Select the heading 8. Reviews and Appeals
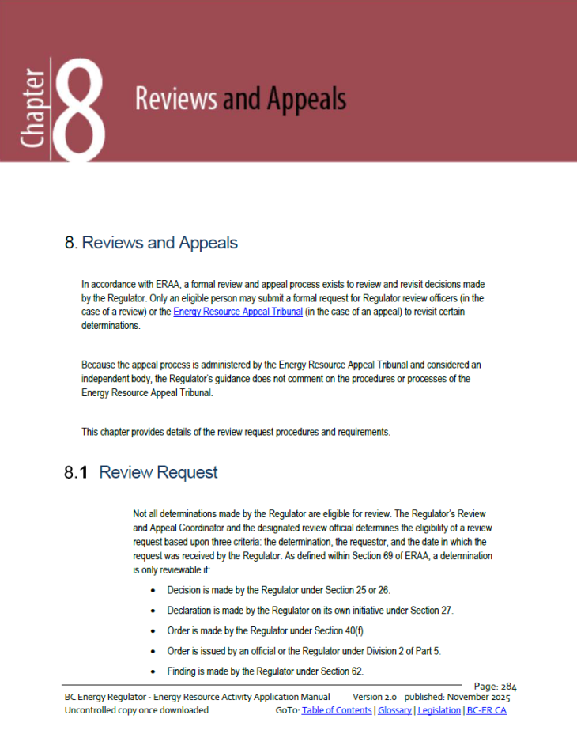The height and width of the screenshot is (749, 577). pos(151,243)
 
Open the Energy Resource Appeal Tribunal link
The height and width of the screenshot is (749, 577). pos(237,312)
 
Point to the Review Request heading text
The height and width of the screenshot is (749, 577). pos(158,473)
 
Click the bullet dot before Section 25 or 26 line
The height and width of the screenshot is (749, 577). pos(153,591)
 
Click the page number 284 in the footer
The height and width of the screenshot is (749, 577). pos(508,687)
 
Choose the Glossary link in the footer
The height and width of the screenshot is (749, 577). pos(394,710)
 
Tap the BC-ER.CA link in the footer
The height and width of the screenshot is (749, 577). pos(487,710)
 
